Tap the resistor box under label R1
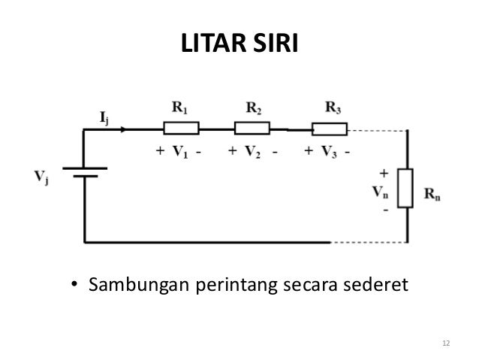[x=181, y=128]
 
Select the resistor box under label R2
[x=252, y=128]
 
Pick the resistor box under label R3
[x=327, y=128]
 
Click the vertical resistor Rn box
[x=406, y=189]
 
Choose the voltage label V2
[x=252, y=151]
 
